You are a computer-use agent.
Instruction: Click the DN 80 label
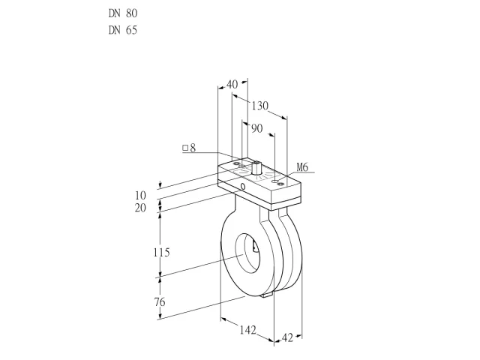click(123, 13)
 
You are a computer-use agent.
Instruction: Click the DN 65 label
click(123, 30)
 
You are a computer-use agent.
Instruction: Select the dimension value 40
click(232, 84)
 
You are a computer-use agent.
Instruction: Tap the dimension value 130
click(260, 106)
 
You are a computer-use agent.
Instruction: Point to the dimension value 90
click(257, 128)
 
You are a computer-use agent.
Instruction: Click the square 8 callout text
click(189, 148)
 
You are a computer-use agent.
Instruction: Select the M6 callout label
click(302, 167)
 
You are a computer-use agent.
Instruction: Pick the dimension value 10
click(140, 195)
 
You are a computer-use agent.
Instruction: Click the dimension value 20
click(140, 208)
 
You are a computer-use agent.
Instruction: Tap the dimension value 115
click(161, 253)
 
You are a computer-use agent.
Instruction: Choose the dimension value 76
click(160, 302)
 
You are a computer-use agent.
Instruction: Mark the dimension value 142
click(247, 330)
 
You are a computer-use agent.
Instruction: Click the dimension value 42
click(287, 338)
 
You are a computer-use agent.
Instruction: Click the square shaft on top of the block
click(256, 167)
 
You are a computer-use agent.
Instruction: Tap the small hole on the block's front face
click(243, 186)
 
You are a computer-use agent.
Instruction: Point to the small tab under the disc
click(267, 295)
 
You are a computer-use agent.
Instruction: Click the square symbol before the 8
click(185, 148)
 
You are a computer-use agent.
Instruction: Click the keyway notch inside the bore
click(255, 247)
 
